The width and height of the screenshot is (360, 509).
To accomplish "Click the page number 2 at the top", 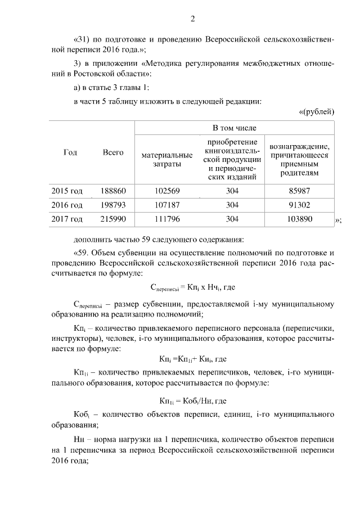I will tap(192, 19).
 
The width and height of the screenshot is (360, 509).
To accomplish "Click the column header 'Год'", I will tap(70, 152).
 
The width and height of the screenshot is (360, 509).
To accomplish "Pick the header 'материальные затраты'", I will tap(166, 159).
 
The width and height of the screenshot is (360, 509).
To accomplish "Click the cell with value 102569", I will tap(166, 191).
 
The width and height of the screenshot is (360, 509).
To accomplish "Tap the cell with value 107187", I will tap(166, 205).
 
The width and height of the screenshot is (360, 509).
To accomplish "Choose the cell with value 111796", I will tap(166, 219).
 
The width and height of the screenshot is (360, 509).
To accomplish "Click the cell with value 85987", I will tap(299, 191).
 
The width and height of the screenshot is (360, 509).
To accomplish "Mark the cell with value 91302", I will tap(299, 205).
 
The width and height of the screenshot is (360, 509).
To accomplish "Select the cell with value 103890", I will tap(299, 219).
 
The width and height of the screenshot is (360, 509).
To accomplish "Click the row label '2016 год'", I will tap(67, 205).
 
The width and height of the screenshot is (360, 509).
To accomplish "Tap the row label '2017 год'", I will tap(67, 219).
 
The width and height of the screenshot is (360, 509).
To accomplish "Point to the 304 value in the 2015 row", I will tap(232, 191).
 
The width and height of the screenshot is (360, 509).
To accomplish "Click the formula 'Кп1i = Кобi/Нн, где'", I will tap(193, 401).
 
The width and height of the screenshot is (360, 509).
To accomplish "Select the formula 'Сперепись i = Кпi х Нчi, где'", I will tap(193, 287).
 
